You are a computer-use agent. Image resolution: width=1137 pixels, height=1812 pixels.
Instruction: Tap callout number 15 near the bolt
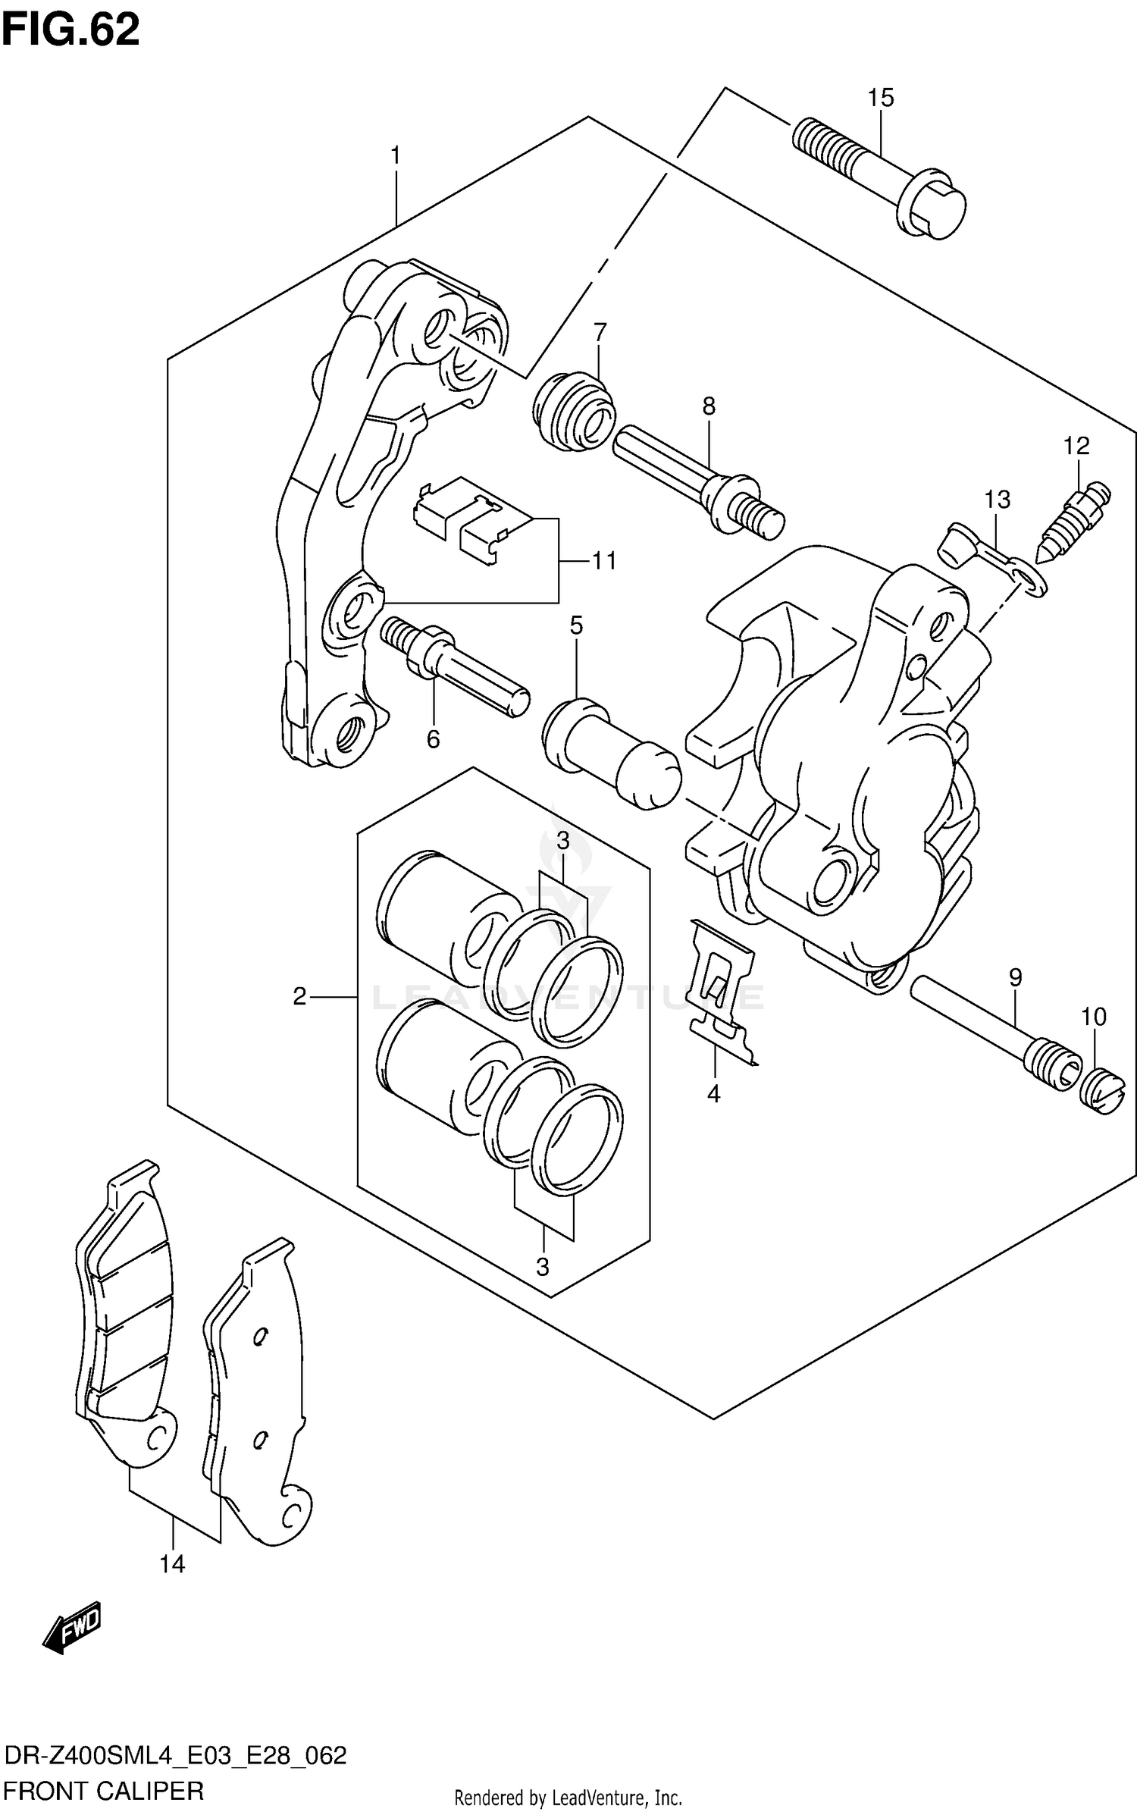[881, 98]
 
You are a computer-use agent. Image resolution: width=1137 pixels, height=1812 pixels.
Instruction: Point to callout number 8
[708, 406]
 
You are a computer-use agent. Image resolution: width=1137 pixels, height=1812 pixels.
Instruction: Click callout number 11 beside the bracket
[604, 561]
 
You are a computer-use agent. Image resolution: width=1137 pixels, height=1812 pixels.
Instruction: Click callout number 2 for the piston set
[299, 996]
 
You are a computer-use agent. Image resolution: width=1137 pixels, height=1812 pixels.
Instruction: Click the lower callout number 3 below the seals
[542, 1266]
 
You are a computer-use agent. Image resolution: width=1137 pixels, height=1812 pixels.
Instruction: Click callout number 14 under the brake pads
[172, 1563]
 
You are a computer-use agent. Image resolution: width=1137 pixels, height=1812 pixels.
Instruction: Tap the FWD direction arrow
[72, 1627]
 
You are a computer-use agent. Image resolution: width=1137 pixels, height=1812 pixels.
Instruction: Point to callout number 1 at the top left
[395, 156]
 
